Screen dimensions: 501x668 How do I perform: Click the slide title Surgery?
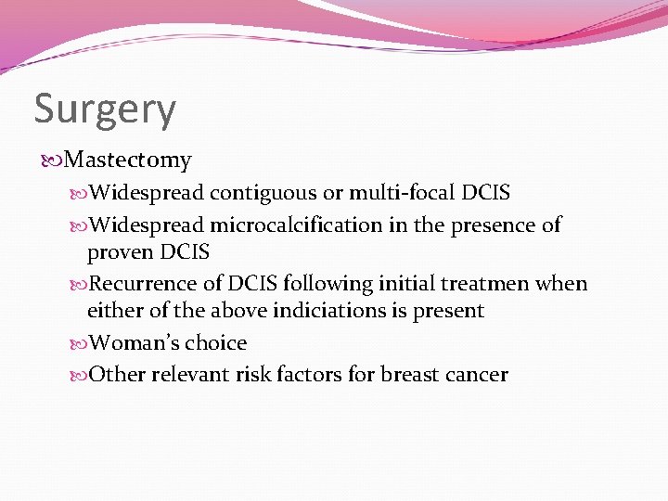click(105, 109)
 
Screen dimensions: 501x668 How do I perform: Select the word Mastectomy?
click(129, 161)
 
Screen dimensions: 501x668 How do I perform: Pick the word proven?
click(121, 251)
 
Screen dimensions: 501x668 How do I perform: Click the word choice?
click(215, 342)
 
